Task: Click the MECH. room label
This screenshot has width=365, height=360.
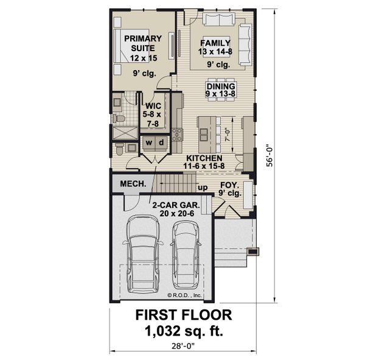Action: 132,183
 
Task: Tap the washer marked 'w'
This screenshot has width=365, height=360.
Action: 148,143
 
